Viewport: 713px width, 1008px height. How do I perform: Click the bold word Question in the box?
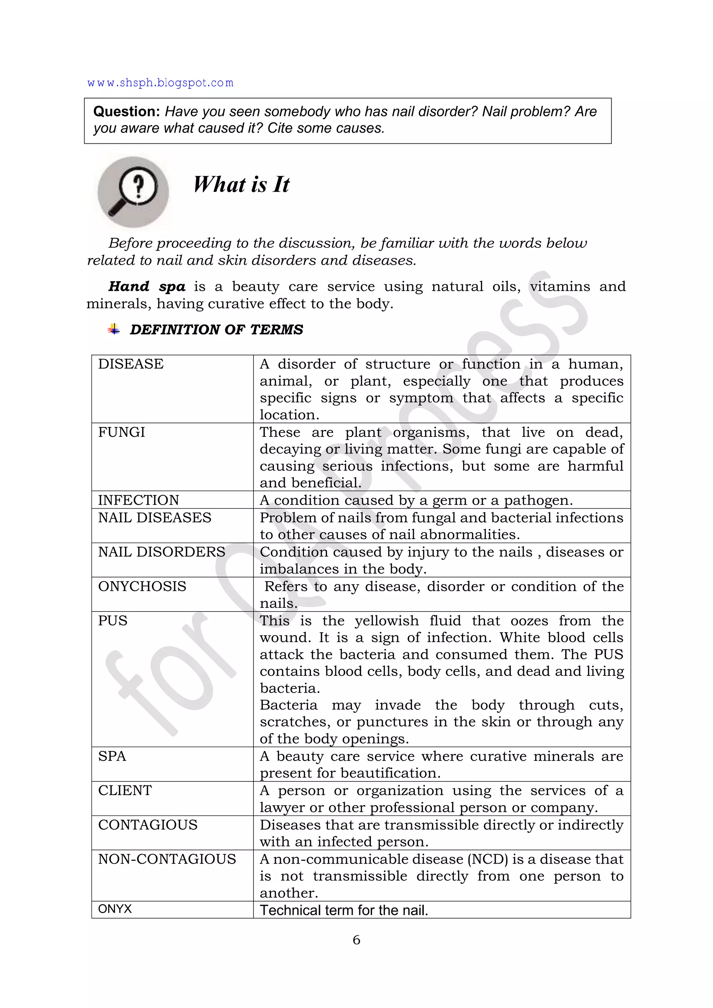click(126, 111)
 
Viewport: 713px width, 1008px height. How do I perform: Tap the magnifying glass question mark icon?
click(133, 191)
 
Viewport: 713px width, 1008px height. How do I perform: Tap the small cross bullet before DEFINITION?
click(114, 329)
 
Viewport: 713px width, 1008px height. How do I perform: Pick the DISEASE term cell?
click(131, 364)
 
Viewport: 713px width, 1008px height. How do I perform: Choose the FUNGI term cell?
click(122, 432)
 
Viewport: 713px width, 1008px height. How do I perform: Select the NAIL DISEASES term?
click(155, 518)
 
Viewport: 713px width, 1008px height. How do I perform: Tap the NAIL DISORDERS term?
click(162, 552)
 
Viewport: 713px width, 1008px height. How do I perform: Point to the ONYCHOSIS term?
click(142, 586)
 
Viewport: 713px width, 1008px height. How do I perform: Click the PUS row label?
click(113, 620)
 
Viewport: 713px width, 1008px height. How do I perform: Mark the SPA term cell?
click(112, 756)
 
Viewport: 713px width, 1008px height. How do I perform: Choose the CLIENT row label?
click(125, 790)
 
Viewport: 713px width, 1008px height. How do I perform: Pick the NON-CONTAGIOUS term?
click(167, 859)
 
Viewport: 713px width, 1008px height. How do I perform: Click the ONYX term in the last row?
click(115, 908)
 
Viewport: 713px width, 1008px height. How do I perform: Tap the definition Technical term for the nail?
click(344, 910)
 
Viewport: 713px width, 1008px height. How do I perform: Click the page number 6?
click(356, 940)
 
